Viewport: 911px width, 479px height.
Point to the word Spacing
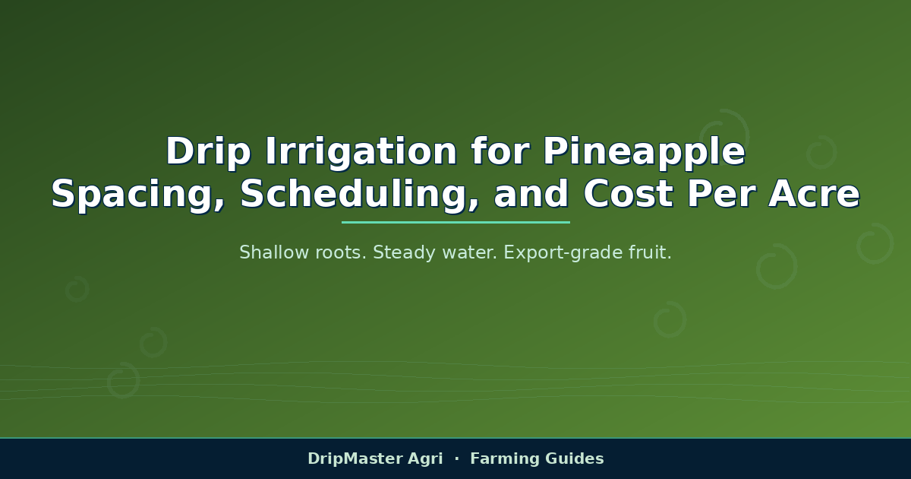[138, 195]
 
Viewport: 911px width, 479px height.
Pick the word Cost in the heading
[628, 194]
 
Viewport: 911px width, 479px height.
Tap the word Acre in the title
[814, 194]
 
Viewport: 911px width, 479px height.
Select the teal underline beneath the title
[455, 222]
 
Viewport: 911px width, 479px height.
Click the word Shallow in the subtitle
[274, 252]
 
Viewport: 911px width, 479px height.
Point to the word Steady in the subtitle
[404, 253]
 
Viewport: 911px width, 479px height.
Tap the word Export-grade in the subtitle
[563, 253]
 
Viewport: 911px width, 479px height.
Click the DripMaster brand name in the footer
[351, 458]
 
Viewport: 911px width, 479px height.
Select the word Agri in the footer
[425, 459]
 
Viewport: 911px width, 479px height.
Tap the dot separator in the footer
[457, 458]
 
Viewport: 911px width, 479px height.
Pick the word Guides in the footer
[575, 458]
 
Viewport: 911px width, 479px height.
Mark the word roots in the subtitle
[341, 253]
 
